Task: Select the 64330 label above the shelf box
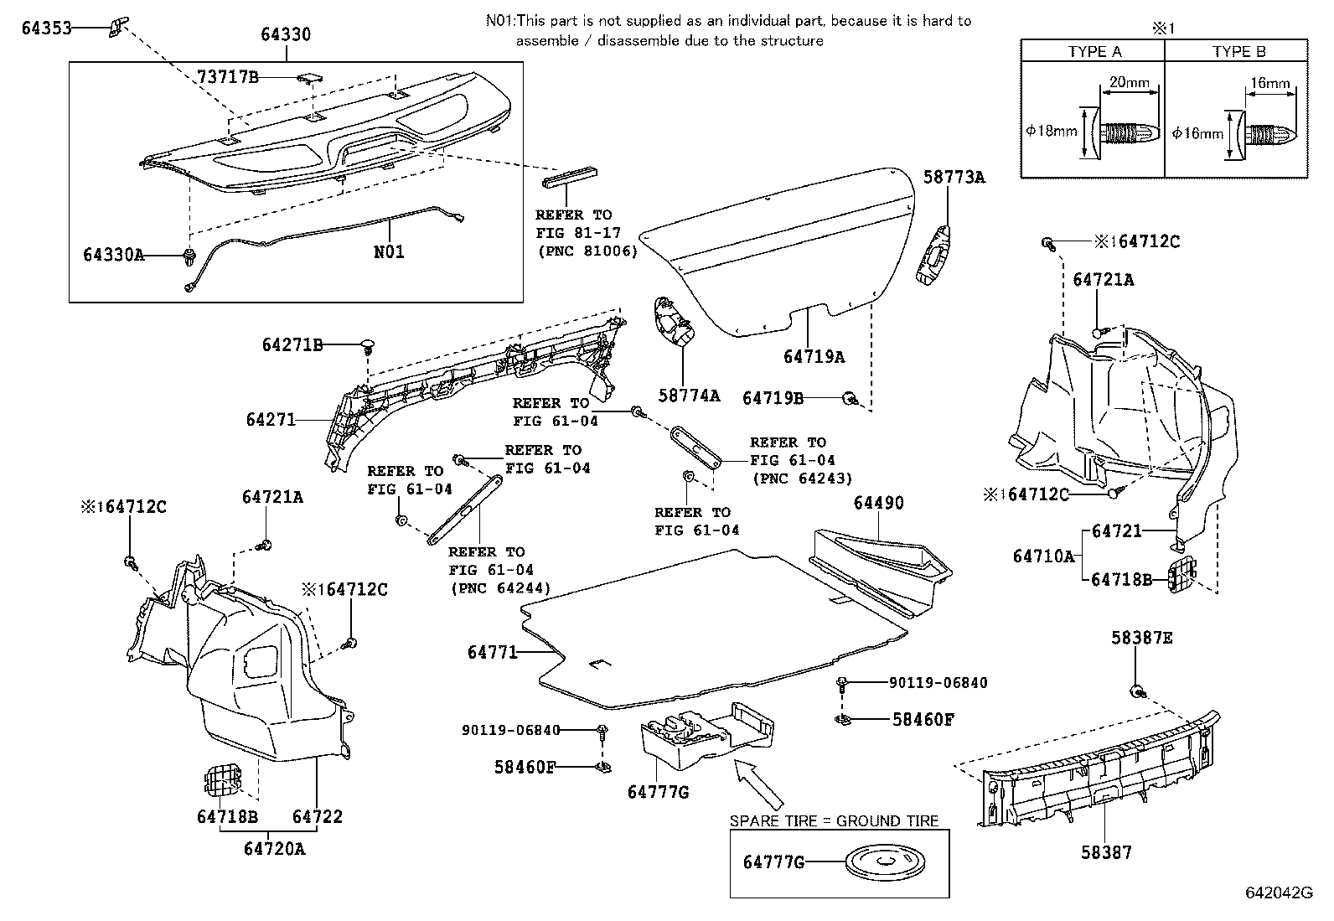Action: [x=285, y=34]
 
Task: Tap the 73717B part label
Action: [x=228, y=77]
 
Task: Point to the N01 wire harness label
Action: [x=389, y=251]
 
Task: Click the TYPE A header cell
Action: [x=1094, y=51]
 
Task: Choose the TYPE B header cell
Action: [x=1238, y=51]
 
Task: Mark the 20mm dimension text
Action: [x=1129, y=83]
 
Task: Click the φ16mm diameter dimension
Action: [x=1197, y=132]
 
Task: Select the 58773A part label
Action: [x=954, y=178]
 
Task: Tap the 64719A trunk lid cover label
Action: [x=814, y=357]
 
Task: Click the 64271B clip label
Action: [x=292, y=344]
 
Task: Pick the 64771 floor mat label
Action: [x=493, y=651]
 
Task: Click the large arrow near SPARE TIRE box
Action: [x=760, y=784]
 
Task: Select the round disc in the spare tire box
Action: [x=874, y=862]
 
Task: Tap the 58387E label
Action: [x=1141, y=638]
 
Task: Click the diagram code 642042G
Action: [x=1279, y=893]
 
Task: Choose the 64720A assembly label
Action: [x=274, y=849]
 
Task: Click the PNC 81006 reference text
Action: [x=587, y=251]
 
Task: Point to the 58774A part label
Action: [x=689, y=396]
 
